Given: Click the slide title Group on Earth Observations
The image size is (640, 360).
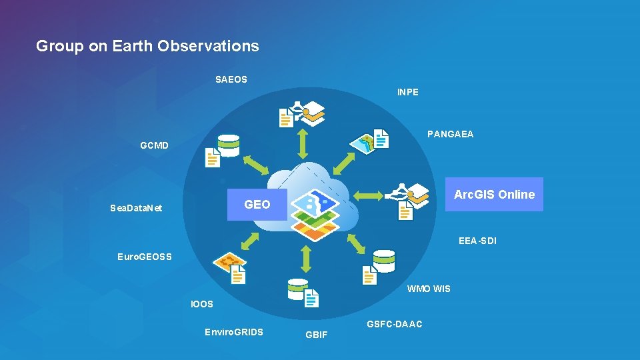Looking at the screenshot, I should click(x=147, y=46).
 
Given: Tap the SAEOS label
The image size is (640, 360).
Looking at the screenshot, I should click(x=231, y=79).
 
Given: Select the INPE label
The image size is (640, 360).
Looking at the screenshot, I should click(x=408, y=92).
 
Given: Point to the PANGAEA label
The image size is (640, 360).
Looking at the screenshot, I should click(x=451, y=134).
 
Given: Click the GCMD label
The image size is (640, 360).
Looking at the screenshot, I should click(x=155, y=145).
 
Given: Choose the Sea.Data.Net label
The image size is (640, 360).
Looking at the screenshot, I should click(x=136, y=208).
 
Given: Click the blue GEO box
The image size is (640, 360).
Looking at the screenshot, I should click(x=257, y=205).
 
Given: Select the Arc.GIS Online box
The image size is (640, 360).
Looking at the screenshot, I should click(x=494, y=195).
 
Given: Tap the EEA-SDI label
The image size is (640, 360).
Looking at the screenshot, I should click(x=477, y=241).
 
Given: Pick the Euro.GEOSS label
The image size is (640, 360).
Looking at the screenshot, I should click(x=145, y=257).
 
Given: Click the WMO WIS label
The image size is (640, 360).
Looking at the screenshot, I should click(x=429, y=289).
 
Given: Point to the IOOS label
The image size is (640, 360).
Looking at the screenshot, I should click(x=202, y=304).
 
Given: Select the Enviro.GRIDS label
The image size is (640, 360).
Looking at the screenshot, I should click(x=234, y=332).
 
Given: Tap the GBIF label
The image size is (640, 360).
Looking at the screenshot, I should click(x=317, y=335).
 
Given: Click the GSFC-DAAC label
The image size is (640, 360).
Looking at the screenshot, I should click(x=395, y=324).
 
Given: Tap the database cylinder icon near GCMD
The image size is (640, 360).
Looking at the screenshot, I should click(x=228, y=145).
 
